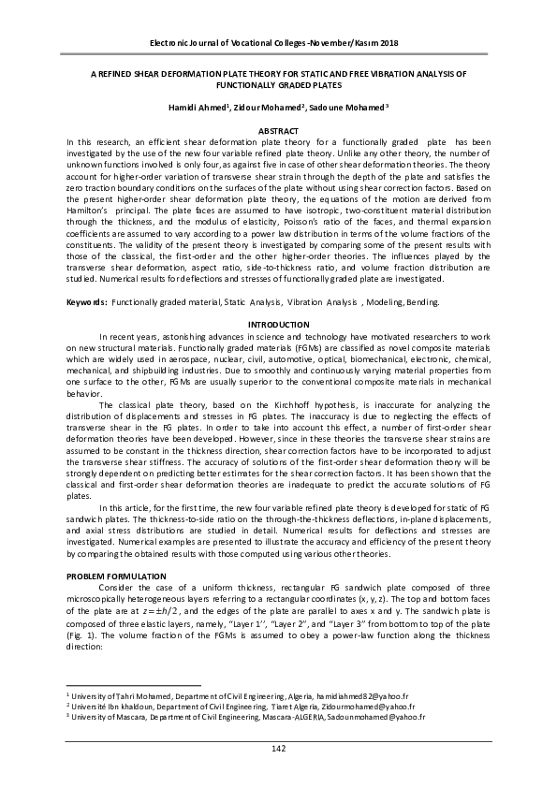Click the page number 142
[278, 748]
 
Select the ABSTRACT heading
[278, 129]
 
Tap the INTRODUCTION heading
[278, 324]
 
